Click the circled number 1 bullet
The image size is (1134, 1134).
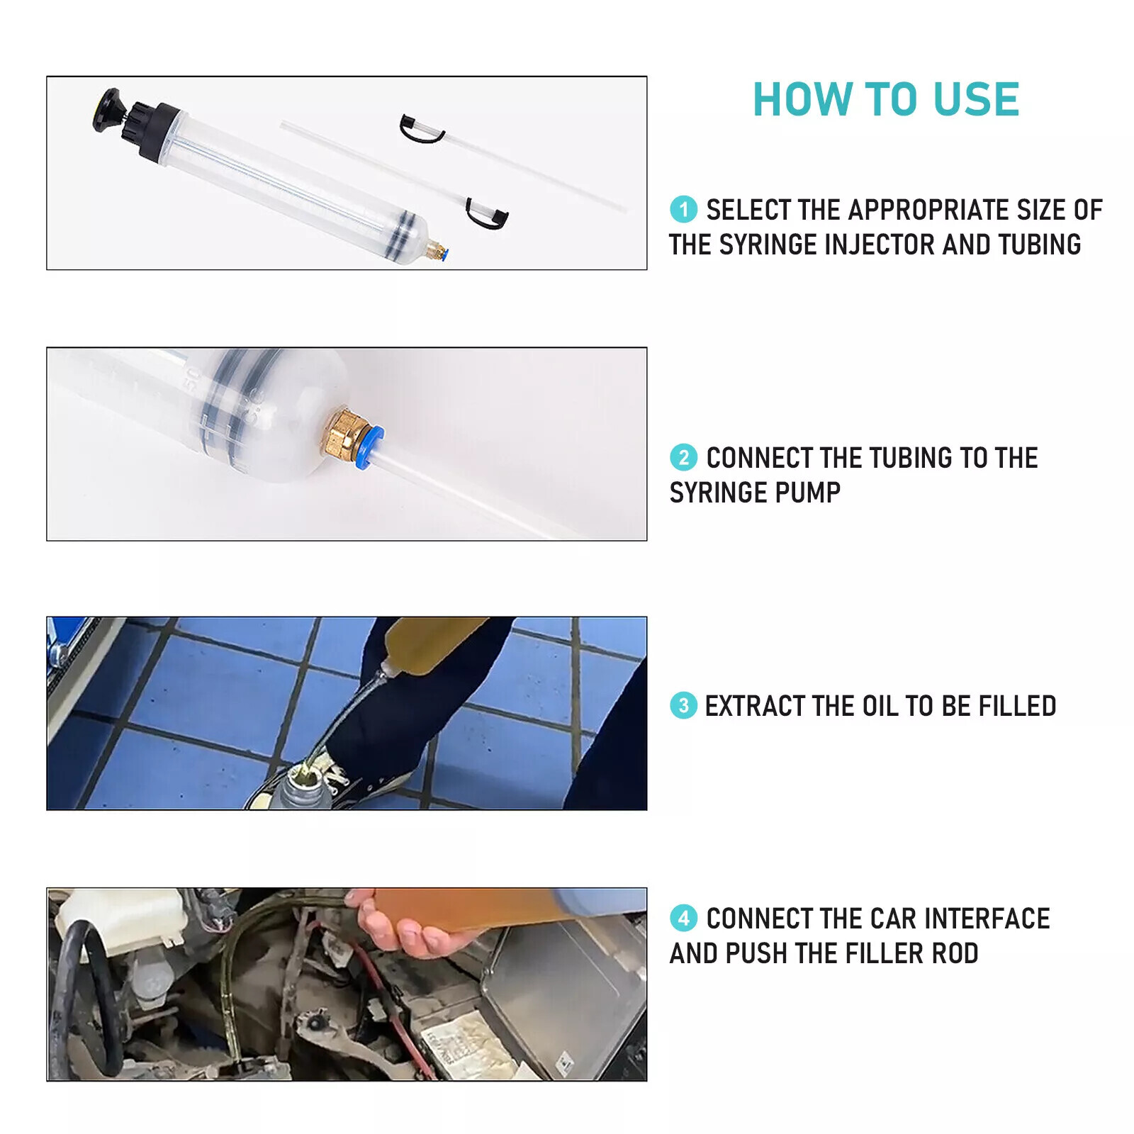point(683,209)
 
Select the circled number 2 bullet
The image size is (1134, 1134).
point(683,457)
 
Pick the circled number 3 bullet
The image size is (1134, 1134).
point(683,705)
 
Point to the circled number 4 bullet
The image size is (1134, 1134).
point(683,918)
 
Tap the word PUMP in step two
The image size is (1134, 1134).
point(808,493)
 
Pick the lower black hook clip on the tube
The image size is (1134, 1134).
point(487,215)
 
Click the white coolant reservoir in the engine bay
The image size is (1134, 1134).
point(120,914)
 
